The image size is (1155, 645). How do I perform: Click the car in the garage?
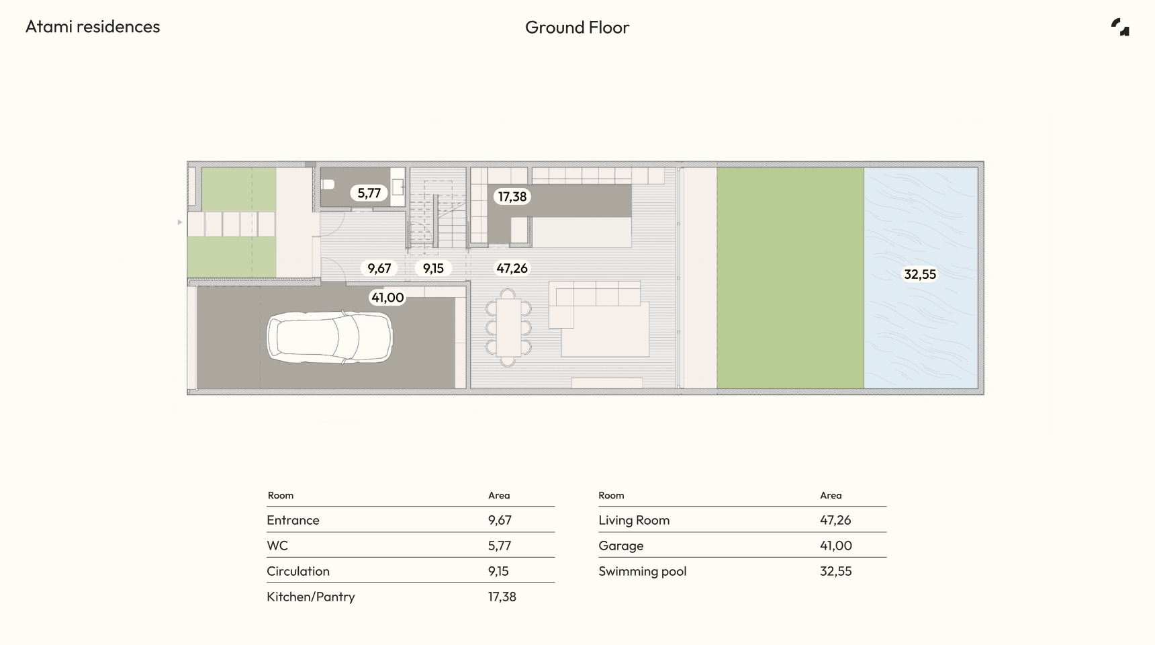pos(329,337)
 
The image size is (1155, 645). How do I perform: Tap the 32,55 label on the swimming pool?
pos(920,274)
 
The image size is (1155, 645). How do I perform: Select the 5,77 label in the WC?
pos(369,193)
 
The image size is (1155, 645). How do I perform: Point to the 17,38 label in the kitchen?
pos(512,197)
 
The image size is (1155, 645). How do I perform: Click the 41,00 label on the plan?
pos(388,298)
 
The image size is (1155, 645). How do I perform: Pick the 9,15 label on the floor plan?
pos(433,269)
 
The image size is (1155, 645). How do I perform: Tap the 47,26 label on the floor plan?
pos(512,269)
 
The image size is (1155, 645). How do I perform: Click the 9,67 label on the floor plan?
pos(379,269)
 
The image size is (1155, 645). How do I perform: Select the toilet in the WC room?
pos(328,184)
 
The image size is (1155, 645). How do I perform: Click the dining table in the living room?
pos(508,328)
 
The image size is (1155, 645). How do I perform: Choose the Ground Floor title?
pos(577,28)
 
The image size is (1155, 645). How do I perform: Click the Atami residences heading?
pos(93,27)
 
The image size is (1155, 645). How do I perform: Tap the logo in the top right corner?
pos(1120,27)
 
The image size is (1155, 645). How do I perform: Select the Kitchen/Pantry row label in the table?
pos(311,597)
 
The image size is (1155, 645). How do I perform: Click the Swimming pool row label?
pos(643,572)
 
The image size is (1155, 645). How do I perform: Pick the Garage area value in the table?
pos(836,546)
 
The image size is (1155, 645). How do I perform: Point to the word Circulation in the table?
pos(298,571)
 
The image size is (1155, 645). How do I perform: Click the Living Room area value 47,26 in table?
pos(835,521)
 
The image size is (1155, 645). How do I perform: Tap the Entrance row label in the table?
pos(293,520)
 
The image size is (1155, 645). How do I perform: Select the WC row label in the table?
pos(277,546)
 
